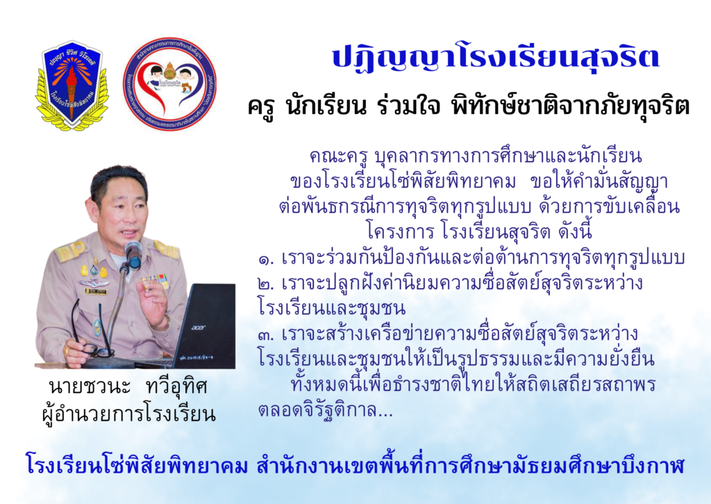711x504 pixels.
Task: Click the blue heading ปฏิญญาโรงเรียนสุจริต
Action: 495,58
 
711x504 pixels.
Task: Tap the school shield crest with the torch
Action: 72,85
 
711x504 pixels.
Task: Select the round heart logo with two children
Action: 169,84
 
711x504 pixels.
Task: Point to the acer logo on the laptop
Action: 198,327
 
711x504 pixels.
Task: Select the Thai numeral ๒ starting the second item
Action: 267,285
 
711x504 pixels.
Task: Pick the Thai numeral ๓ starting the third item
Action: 267,335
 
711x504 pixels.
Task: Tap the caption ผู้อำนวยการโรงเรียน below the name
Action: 128,413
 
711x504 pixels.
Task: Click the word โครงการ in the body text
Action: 401,232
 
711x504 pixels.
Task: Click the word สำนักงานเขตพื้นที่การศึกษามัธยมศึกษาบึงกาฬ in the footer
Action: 470,466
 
